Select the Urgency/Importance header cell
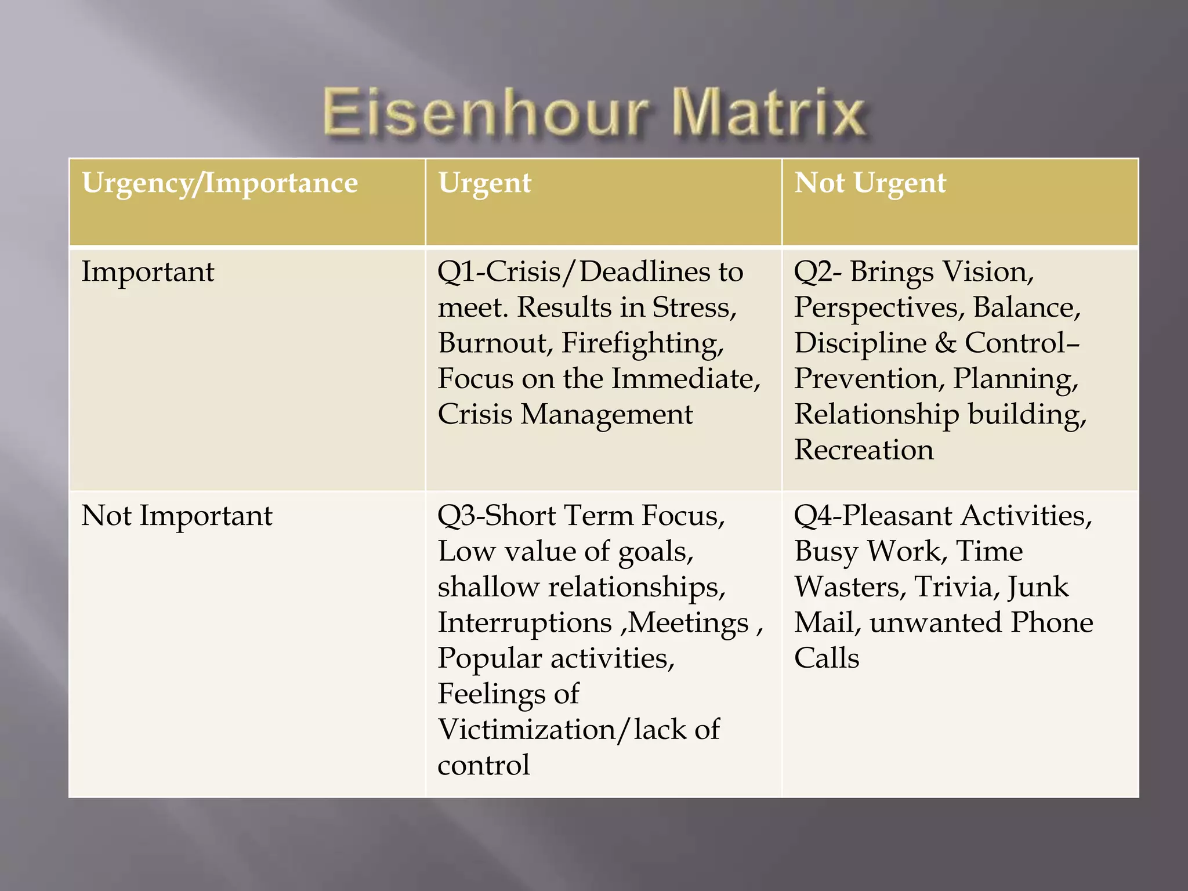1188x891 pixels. tap(220, 183)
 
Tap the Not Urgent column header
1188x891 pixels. tap(870, 183)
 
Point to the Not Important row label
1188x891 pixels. tap(176, 515)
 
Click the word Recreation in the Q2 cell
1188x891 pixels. tap(864, 450)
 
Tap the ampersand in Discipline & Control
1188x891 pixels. tap(945, 343)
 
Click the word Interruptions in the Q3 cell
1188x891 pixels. tap(524, 622)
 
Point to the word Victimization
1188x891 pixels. tap(528, 729)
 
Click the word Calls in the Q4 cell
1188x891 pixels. tap(826, 658)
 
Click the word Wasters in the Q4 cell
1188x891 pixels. tap(847, 586)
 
